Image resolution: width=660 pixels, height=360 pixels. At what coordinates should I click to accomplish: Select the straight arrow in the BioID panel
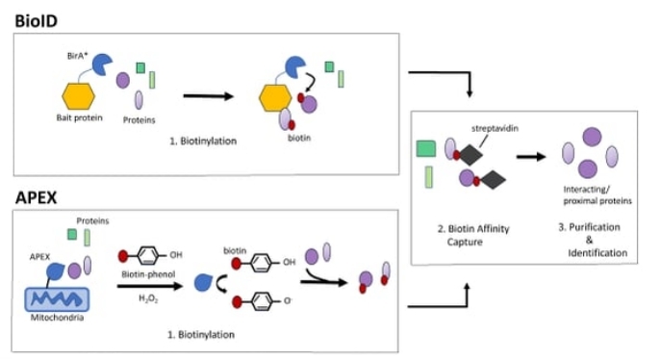[x=210, y=96]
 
